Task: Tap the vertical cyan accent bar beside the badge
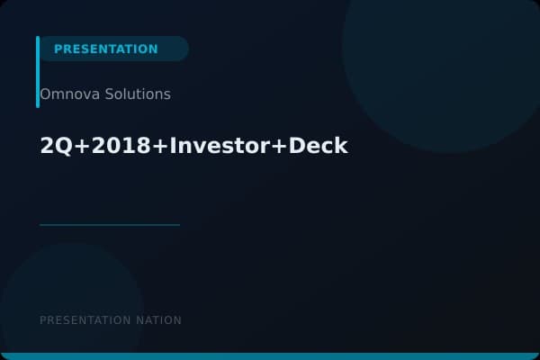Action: [38, 72]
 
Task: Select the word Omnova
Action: [67, 94]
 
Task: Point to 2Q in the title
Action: [51, 146]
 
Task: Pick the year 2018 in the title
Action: [105, 146]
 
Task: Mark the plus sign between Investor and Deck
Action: [278, 147]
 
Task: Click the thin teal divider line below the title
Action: [110, 225]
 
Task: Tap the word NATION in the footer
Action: [159, 320]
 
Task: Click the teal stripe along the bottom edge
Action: [270, 356]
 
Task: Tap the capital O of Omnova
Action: [45, 94]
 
